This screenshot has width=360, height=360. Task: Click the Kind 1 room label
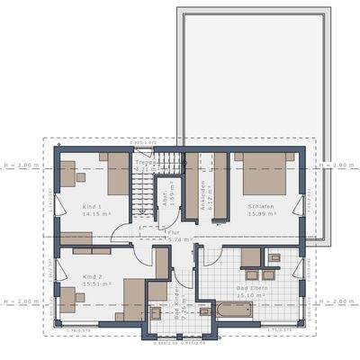(x=68, y=206)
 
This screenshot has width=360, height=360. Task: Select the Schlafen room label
(x=260, y=206)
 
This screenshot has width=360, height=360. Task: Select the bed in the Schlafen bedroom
(x=263, y=174)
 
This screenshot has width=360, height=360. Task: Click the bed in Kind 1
(x=118, y=174)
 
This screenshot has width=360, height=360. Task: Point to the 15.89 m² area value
(x=260, y=214)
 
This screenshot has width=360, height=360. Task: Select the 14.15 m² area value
(x=70, y=214)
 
